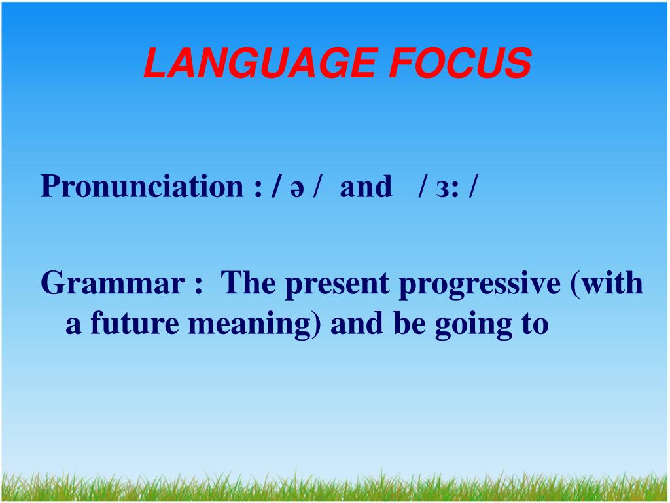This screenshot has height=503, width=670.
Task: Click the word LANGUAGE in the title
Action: point(260,63)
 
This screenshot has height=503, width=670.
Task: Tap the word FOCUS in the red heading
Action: point(461,63)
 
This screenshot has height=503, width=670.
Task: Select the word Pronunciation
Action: point(142,187)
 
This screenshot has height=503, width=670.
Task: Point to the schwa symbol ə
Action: point(297,189)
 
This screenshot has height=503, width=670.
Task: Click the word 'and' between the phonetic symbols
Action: point(366,187)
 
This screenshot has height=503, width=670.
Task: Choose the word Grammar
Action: point(113,284)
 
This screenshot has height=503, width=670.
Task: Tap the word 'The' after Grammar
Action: point(248,283)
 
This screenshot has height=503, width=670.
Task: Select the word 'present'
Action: point(338,286)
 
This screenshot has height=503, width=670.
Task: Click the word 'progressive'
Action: point(480,286)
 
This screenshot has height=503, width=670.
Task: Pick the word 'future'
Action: point(135,323)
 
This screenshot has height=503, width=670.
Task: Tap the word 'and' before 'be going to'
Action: point(357,323)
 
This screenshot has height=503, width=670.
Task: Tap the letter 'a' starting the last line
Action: point(73,326)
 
